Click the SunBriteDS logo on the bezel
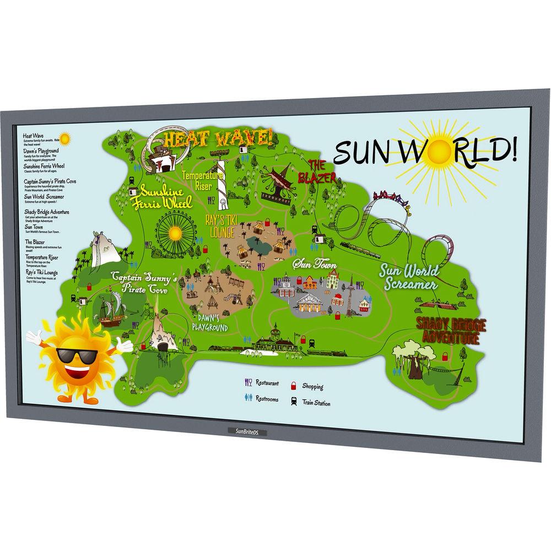[246, 431]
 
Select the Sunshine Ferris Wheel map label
[165, 197]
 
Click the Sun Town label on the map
[315, 265]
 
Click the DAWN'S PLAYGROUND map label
[210, 323]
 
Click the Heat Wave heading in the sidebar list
[34, 135]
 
